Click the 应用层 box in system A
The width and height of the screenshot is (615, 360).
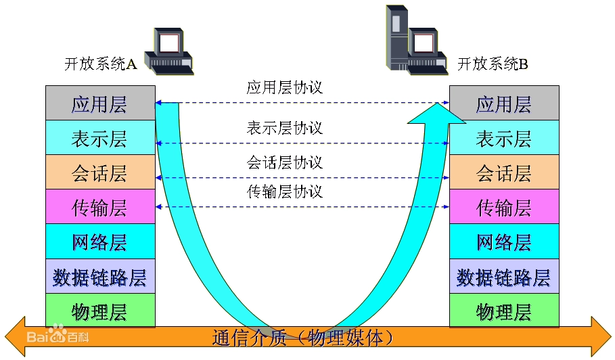click(x=100, y=104)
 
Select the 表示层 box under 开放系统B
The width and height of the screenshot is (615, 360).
click(x=504, y=138)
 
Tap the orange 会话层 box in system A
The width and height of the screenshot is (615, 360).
click(x=100, y=173)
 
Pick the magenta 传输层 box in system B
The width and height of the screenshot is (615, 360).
click(x=504, y=207)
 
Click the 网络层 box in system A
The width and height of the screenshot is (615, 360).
click(x=100, y=242)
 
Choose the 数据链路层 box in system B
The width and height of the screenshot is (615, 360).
click(x=504, y=277)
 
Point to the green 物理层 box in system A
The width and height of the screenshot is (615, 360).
click(x=100, y=311)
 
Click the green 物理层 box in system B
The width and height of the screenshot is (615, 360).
click(x=504, y=311)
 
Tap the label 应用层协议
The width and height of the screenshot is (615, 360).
click(x=284, y=87)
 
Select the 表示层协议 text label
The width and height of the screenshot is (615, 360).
click(x=284, y=128)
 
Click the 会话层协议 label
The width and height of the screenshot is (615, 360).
click(x=284, y=162)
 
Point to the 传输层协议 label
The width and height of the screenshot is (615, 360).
click(x=284, y=192)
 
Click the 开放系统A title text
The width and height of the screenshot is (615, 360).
click(x=100, y=64)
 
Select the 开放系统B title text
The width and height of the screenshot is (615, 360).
click(x=493, y=64)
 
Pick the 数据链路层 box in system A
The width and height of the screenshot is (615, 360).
click(x=100, y=277)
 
